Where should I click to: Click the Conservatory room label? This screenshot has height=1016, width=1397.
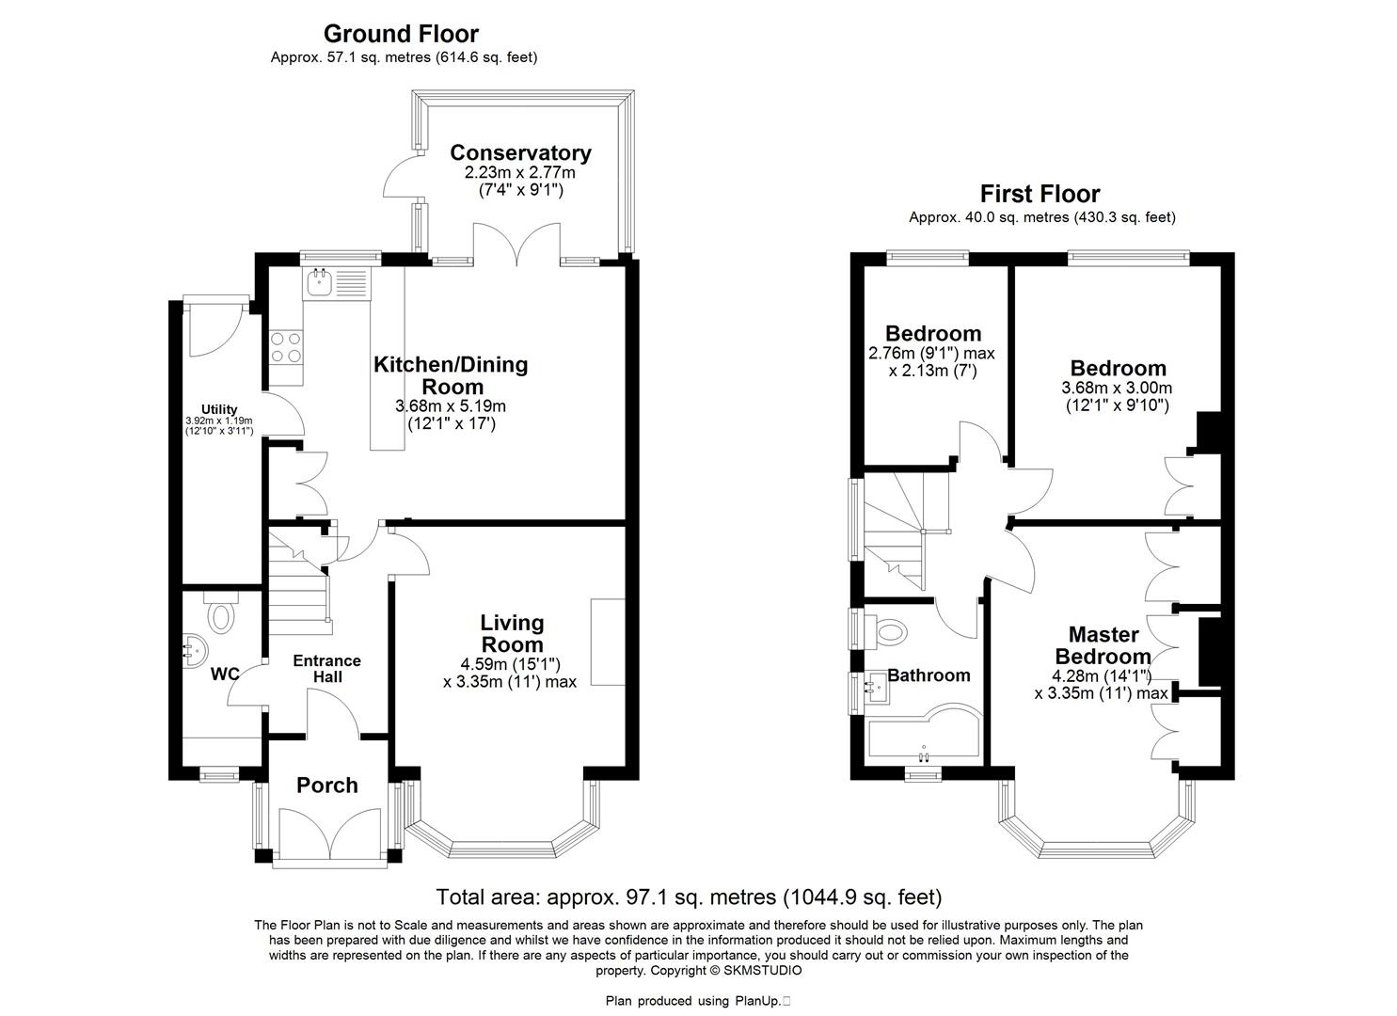coord(520,152)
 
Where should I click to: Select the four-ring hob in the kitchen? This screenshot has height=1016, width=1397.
coord(286,347)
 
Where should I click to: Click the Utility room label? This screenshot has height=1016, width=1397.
coord(219,409)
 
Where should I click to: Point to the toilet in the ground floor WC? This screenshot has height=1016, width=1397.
coord(222,616)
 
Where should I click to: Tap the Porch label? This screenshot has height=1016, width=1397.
coord(327,786)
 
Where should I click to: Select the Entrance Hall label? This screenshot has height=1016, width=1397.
coord(326,669)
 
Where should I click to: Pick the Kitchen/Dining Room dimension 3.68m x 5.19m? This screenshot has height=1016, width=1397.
coord(451,406)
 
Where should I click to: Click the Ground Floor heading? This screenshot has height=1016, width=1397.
coord(401,34)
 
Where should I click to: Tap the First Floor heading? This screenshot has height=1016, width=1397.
coord(1040,194)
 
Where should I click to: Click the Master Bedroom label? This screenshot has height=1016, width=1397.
coord(1103,645)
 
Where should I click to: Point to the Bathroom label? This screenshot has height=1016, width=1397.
coord(929,675)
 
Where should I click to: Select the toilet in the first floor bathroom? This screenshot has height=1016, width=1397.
coord(887,630)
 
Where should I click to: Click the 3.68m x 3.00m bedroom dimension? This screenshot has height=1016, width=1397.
coord(1117,388)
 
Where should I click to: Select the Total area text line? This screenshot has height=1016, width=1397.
coord(689,897)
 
